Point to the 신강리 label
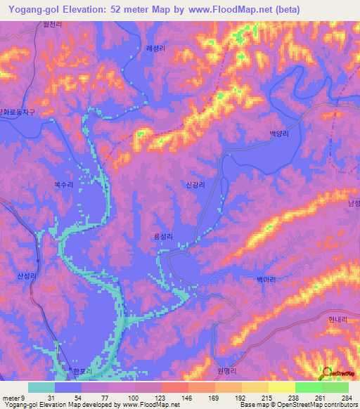[x=195, y=186]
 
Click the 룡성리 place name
[x=162, y=238]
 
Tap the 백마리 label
[x=266, y=279]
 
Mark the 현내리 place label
[x=338, y=318]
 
